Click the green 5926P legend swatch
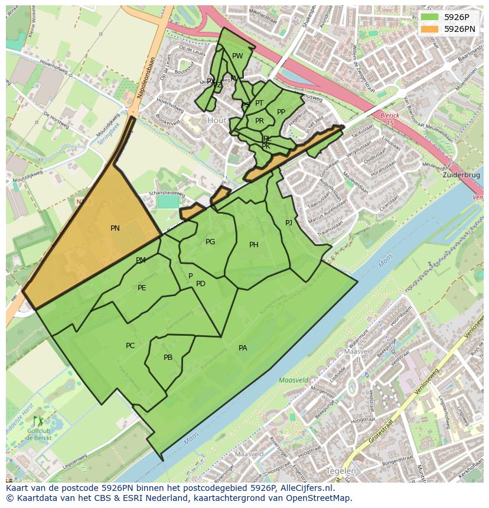[429, 17]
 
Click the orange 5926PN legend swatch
[429, 28]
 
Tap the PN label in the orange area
[115, 228]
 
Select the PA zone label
[243, 348]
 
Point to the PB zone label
[168, 358]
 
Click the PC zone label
[131, 346]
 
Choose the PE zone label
[142, 288]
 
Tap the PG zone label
[210, 242]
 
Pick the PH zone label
[254, 245]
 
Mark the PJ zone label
[289, 222]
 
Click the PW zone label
[237, 57]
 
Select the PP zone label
[281, 112]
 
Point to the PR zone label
[259, 121]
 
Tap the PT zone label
[259, 103]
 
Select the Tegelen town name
[341, 471]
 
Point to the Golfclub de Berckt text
[38, 435]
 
